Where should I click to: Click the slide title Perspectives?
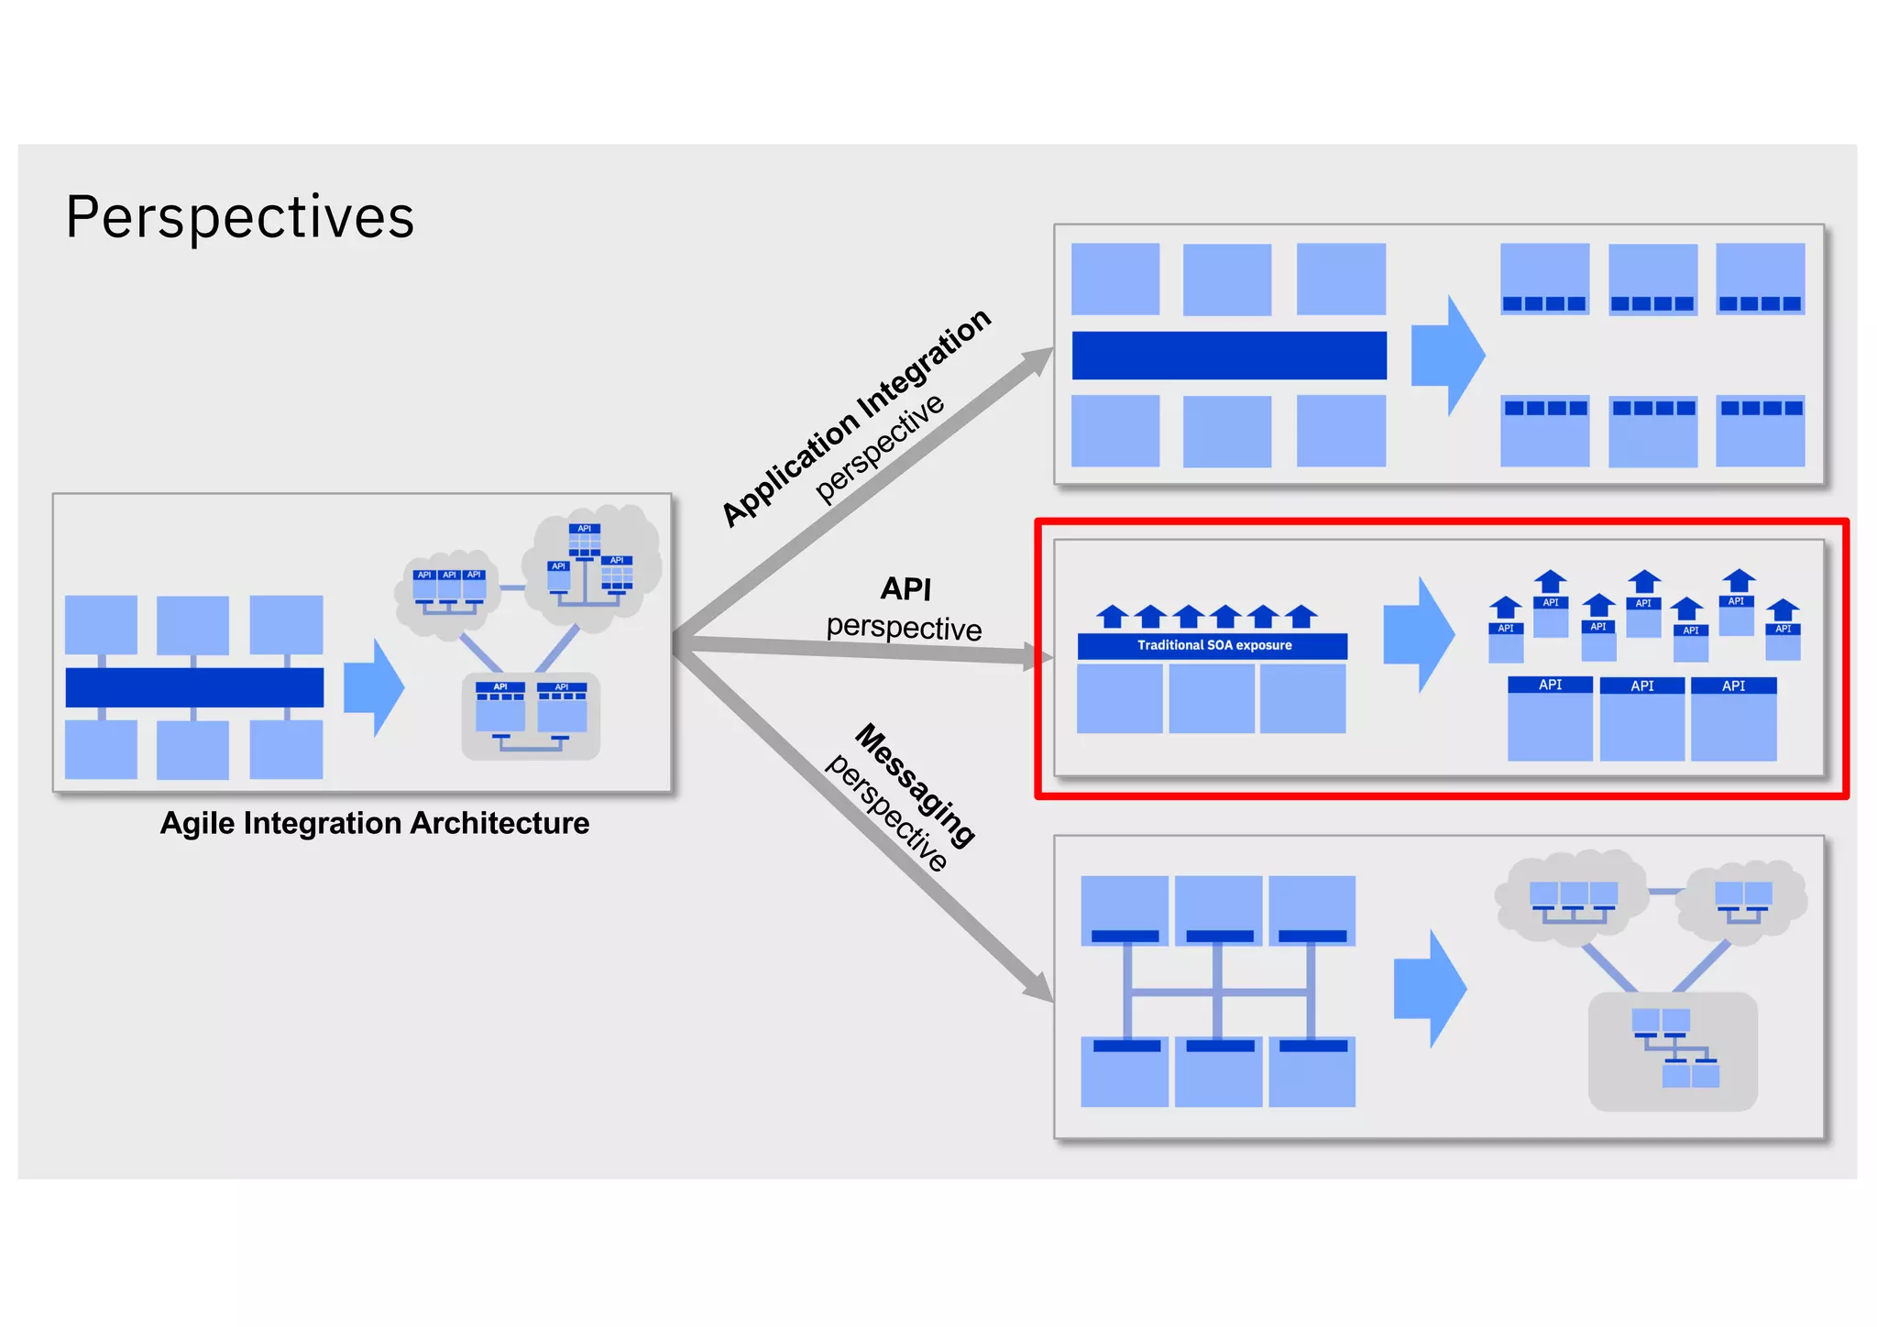240,218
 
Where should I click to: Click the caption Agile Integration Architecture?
374,823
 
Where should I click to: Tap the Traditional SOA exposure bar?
1213,645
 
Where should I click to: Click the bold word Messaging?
915,784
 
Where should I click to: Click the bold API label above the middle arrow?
906,588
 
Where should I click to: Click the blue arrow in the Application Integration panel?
1447,355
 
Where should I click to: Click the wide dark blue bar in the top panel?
1228,356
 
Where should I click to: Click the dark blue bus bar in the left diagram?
194,687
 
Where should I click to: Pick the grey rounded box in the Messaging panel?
1673,1052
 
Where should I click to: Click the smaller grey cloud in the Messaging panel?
1741,898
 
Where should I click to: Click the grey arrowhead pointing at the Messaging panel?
1040,988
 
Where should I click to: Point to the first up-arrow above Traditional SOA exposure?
1113,617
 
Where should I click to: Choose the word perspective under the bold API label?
904,628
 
